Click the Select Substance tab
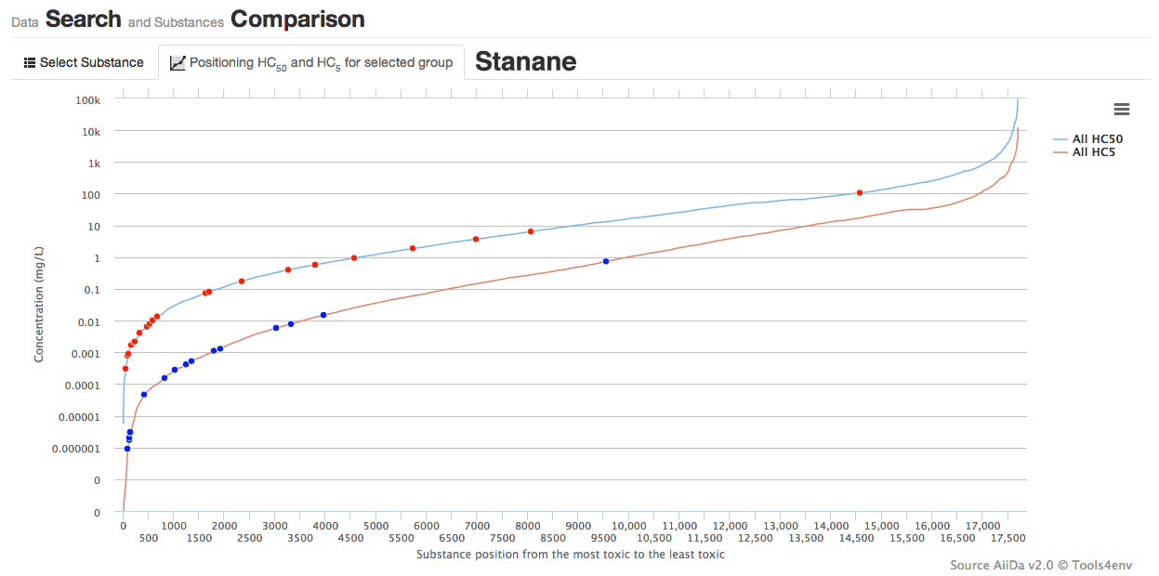point(84,62)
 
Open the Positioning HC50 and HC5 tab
point(311,62)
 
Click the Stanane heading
point(525,61)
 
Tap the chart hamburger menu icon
point(1121,110)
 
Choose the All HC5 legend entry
point(1093,151)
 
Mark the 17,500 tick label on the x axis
point(1008,539)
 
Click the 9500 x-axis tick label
point(604,539)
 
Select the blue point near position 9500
point(605,261)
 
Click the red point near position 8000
point(531,231)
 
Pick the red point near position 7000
point(476,239)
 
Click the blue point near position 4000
point(323,315)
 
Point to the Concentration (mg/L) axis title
point(39,305)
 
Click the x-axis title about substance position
point(570,555)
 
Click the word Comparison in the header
point(297,19)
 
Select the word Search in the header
point(84,19)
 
